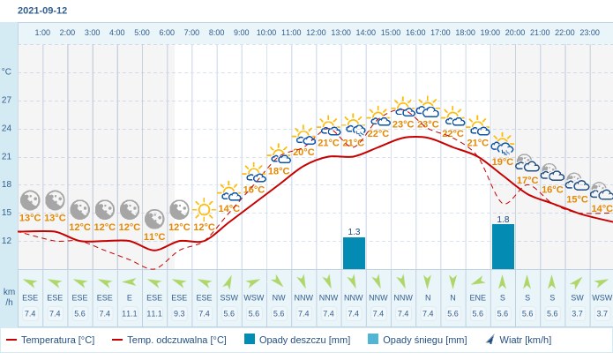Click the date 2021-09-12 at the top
pos(42,11)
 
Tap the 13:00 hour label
pos(340,33)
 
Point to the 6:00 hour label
pos(167,33)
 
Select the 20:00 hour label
pos(515,33)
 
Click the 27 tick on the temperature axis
pos(7,100)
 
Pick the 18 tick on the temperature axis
pos(7,184)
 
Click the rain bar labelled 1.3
pos(354,252)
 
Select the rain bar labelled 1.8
pos(503,246)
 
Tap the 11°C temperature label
pos(154,236)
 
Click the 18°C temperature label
pos(279,171)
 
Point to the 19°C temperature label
pos(503,161)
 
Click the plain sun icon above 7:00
pos(204,209)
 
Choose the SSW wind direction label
pos(229,298)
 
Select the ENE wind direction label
pos(478,298)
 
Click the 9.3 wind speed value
pos(179,313)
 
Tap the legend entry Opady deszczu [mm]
pos(297,340)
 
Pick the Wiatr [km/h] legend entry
pos(518,340)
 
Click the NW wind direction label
pos(279,298)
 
